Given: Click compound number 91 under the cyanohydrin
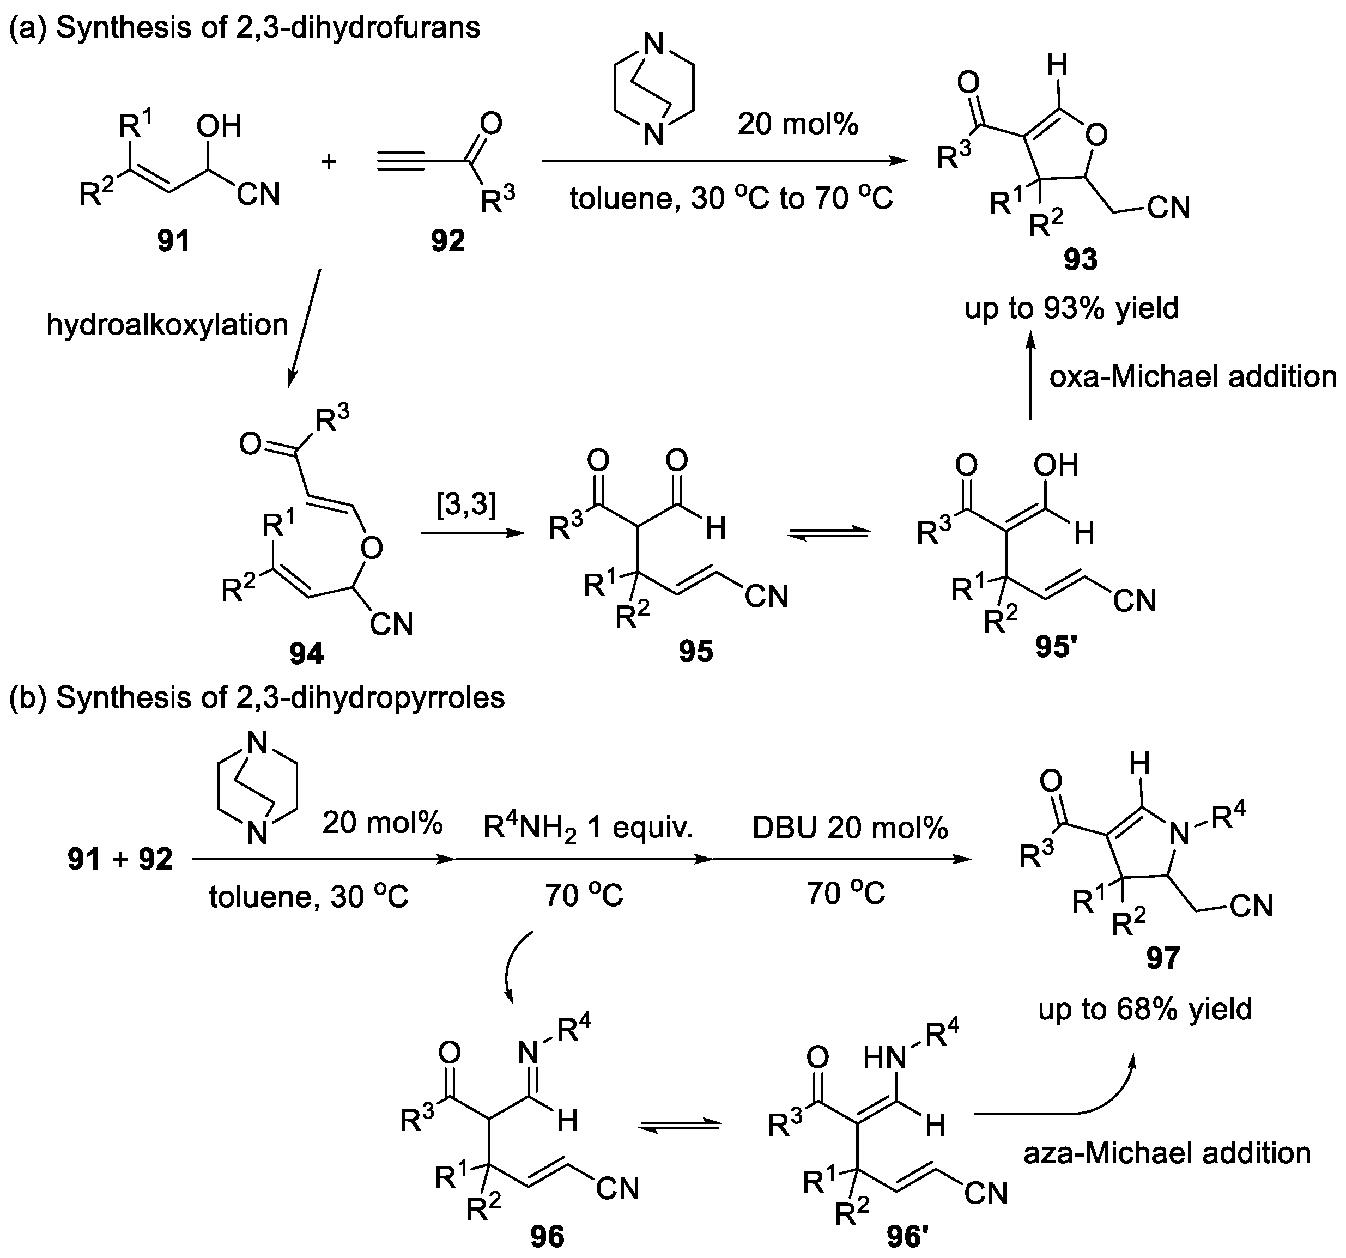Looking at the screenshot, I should (x=173, y=241).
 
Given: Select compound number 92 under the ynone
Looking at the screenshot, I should (x=448, y=241).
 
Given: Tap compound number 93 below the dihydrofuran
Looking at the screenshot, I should (x=1081, y=259).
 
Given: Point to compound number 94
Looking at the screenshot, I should (x=306, y=653).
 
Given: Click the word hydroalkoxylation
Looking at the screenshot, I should (x=167, y=325).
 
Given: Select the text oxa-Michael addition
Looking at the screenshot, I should (x=1193, y=377).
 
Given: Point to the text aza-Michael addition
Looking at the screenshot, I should (x=1167, y=1152).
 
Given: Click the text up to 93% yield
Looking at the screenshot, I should (x=1072, y=308).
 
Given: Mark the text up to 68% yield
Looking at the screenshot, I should (x=1145, y=1009).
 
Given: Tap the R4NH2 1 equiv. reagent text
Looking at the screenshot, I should (x=587, y=828).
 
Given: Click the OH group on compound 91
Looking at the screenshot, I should (x=219, y=126).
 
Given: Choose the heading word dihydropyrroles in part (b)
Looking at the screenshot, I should (x=408, y=697).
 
